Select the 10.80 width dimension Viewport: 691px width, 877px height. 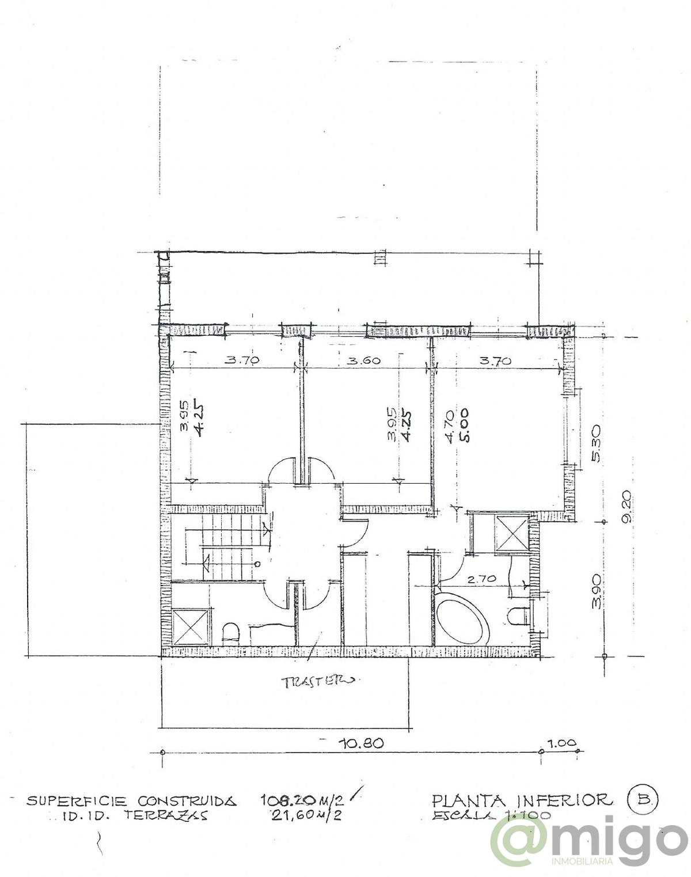(x=361, y=743)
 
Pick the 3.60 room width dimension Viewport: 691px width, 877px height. (x=364, y=360)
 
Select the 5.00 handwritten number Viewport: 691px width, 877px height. (x=464, y=425)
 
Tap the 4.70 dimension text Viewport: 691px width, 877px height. (x=450, y=425)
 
